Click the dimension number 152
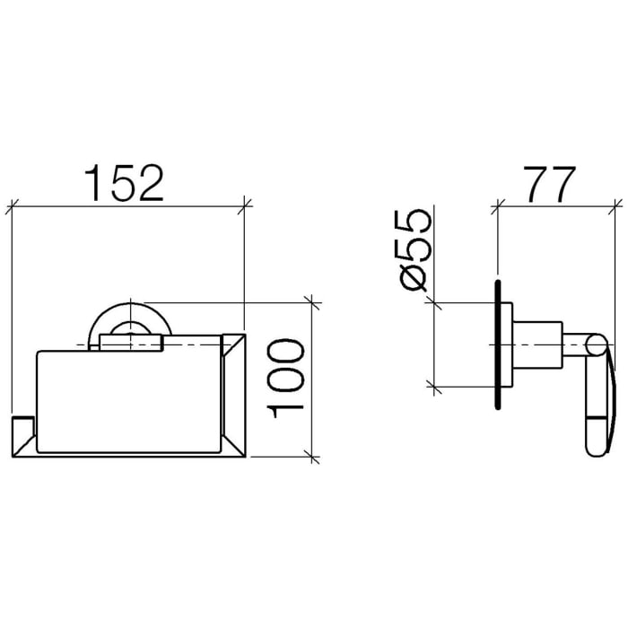125,183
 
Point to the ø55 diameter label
414,251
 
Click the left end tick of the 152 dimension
13,206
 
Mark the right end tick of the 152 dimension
245,206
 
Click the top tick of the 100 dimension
312,302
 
